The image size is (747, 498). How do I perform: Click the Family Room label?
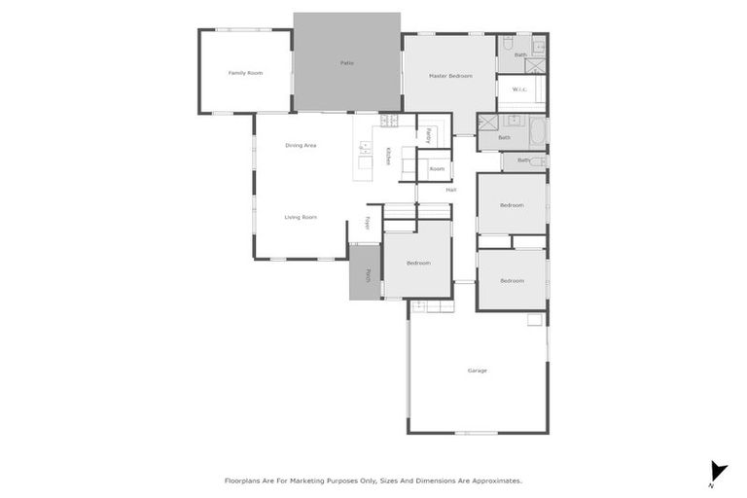point(245,73)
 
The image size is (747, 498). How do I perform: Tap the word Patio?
point(346,63)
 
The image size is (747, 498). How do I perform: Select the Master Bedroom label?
point(450,75)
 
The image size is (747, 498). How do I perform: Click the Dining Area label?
point(301,146)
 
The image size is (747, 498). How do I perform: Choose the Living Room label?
point(301,217)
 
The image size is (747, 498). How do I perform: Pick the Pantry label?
point(428,135)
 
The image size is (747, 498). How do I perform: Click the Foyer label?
point(368,222)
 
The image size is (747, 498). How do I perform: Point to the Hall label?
point(450,190)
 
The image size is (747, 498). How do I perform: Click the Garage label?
point(477,371)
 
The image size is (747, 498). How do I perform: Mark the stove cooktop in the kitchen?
point(389,122)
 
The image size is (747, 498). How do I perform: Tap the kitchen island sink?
point(365,149)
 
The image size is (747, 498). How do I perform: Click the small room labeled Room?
point(437,169)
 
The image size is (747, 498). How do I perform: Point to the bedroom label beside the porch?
point(418,264)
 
